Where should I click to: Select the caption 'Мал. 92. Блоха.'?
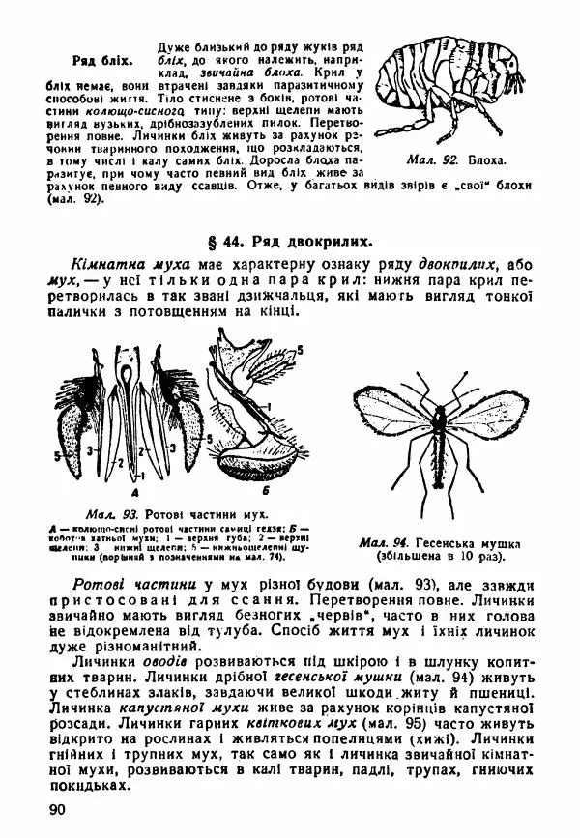click(x=443, y=157)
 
